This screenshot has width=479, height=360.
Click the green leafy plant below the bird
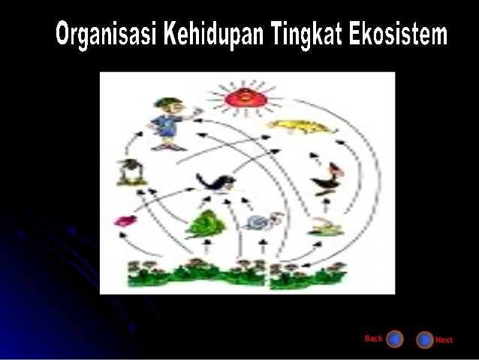pos(202,222)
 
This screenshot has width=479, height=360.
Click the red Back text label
pos(373,338)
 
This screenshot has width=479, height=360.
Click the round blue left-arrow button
pos(395,340)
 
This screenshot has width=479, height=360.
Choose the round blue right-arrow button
pos(425,340)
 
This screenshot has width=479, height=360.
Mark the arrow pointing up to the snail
pos(264,243)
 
